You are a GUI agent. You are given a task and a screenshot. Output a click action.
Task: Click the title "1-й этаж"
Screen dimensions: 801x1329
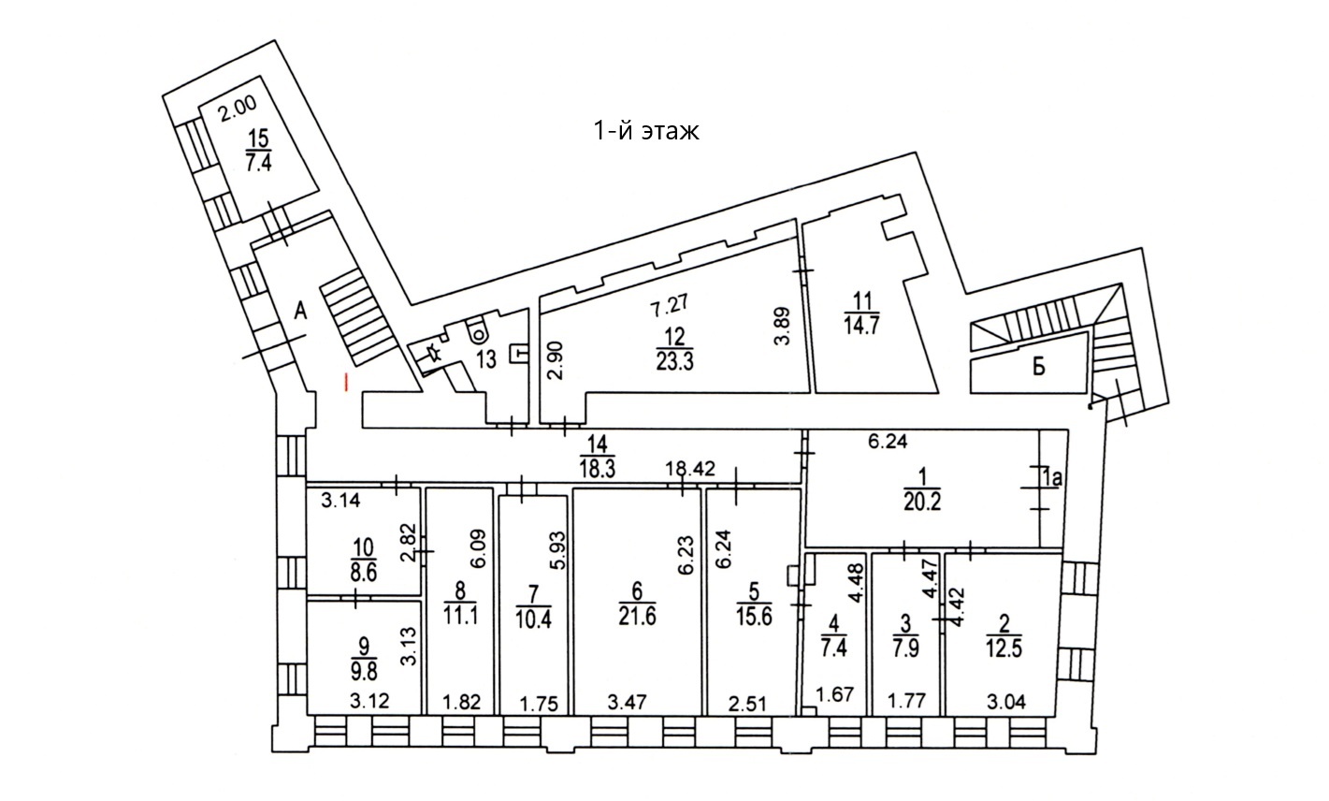point(645,131)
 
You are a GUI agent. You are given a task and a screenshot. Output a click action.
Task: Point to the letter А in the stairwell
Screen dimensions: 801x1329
point(300,313)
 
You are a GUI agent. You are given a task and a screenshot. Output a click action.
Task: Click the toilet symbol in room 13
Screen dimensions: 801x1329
point(478,328)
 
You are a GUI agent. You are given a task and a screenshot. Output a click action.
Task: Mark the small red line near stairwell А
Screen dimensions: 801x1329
point(347,382)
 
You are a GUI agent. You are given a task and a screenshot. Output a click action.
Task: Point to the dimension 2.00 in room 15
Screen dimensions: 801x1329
point(236,109)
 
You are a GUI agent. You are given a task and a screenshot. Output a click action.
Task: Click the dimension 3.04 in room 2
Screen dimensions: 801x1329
point(1004,700)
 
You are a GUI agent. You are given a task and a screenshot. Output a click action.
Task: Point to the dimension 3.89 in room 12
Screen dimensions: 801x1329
point(782,328)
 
